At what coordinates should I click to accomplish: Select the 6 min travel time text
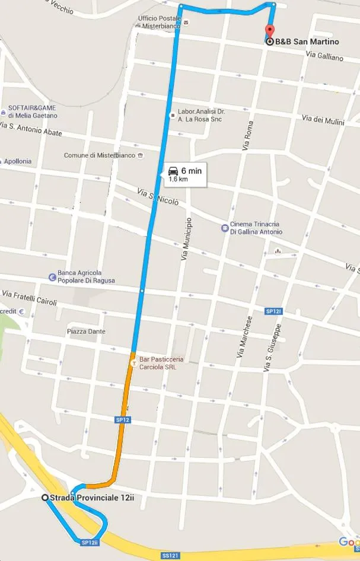(192, 170)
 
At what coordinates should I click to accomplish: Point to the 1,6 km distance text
(178, 179)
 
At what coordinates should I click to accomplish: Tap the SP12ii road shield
(89, 542)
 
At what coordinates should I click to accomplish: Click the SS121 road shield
(170, 556)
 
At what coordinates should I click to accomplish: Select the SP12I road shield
(272, 311)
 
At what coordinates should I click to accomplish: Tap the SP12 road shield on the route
(122, 420)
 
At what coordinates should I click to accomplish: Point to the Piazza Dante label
(86, 332)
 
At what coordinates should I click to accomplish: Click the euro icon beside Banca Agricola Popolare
(52, 276)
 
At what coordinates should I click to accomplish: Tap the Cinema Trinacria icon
(225, 227)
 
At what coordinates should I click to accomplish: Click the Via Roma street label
(249, 136)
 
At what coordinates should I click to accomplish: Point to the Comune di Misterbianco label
(100, 155)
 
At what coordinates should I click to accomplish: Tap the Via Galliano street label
(324, 57)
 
